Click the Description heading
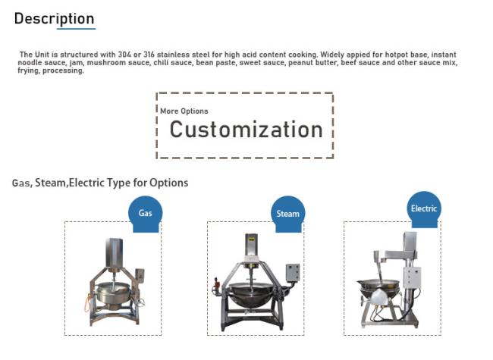(x=54, y=19)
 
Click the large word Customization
(x=246, y=130)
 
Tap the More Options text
(x=184, y=111)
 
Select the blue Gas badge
(x=146, y=214)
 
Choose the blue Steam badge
(x=287, y=214)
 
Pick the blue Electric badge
(x=424, y=209)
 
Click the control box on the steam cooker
(x=293, y=273)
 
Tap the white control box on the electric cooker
(x=412, y=277)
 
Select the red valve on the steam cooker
(x=216, y=284)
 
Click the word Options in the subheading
(x=169, y=183)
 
